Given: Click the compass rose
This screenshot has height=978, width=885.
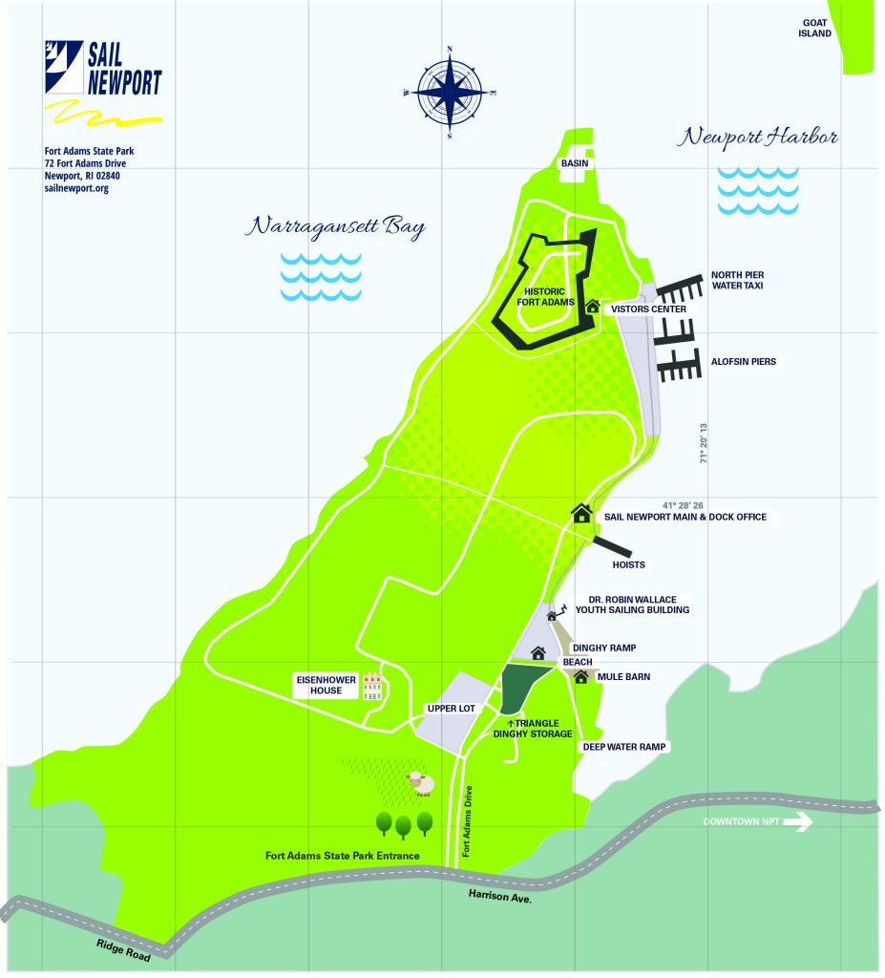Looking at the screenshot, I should (450, 92).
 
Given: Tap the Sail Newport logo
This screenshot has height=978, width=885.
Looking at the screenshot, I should (104, 70).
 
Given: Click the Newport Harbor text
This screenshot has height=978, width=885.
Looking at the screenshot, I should (758, 138).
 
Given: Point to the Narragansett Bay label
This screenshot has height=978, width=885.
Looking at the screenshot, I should (334, 227).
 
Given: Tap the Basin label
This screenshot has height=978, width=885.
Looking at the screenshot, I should (577, 163).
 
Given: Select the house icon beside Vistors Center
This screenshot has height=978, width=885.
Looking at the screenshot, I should (593, 307).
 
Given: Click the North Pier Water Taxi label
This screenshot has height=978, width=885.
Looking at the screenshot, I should (737, 280).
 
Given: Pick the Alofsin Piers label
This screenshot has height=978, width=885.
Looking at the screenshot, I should (743, 362).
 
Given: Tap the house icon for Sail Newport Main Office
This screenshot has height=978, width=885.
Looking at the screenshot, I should (581, 513).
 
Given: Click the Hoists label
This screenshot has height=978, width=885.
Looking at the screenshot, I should (629, 564).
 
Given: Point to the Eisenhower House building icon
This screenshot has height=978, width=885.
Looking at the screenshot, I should (371, 687).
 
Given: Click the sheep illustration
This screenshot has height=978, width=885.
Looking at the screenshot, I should (420, 784).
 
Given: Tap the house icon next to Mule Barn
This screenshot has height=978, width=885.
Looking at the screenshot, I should (580, 677).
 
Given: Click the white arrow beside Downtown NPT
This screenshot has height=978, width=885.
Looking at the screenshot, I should (798, 821).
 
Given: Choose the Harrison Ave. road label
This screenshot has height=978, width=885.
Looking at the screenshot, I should (499, 896).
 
